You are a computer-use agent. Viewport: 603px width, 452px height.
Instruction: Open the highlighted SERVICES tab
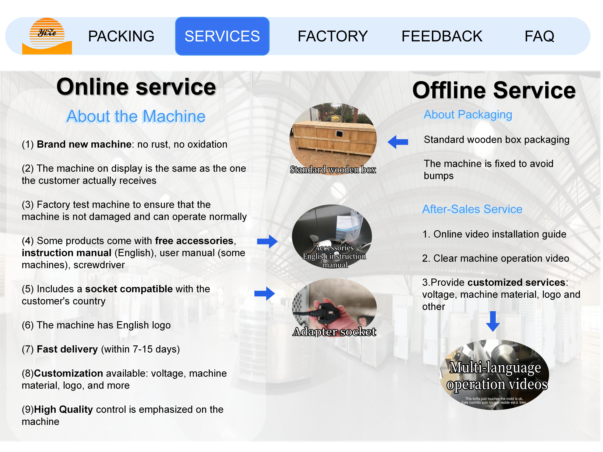click(x=222, y=36)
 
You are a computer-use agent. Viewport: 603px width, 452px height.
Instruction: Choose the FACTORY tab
click(x=333, y=36)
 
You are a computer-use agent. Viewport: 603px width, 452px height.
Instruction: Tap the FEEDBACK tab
click(x=442, y=36)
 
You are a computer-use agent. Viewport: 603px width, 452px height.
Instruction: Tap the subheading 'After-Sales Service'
click(x=472, y=209)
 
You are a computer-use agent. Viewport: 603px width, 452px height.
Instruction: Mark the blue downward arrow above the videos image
click(x=493, y=322)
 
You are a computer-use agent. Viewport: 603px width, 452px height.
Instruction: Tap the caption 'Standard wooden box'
click(x=333, y=169)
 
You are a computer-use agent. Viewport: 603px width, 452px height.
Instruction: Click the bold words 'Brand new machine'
click(x=84, y=144)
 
